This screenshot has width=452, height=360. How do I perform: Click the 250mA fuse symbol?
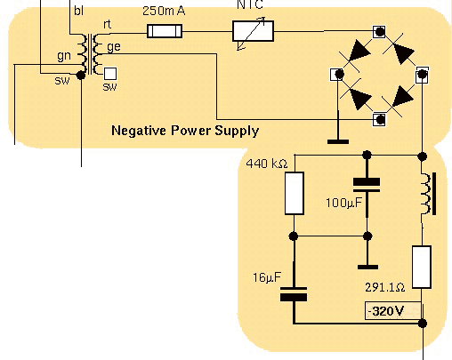pyautogui.click(x=165, y=31)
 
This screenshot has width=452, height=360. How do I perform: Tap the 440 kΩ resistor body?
pyautogui.click(x=295, y=193)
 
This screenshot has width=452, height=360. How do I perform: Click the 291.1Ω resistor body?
pyautogui.click(x=422, y=267)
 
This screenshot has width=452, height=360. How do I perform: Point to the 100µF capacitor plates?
pyautogui.click(x=367, y=185)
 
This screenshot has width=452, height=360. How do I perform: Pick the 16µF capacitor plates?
pyautogui.click(x=294, y=294)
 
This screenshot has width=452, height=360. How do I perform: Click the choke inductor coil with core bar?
pyautogui.click(x=428, y=194)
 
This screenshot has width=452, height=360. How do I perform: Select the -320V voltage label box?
pyautogui.click(x=392, y=311)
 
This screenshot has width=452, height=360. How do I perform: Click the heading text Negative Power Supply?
pyautogui.click(x=185, y=131)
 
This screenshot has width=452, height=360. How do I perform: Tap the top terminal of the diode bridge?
pyautogui.click(x=379, y=31)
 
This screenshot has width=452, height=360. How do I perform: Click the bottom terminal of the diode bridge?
pyautogui.click(x=379, y=120)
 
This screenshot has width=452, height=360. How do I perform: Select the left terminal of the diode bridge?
pyautogui.click(x=337, y=74)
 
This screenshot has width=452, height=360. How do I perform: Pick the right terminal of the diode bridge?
pyautogui.click(x=422, y=75)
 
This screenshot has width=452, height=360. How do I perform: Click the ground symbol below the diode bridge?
pyautogui.click(x=338, y=142)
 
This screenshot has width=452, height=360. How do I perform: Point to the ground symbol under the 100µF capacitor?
pyautogui.click(x=367, y=268)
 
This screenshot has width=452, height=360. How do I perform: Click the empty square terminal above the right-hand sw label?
pyautogui.click(x=110, y=74)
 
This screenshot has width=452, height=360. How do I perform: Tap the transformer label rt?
pyautogui.click(x=107, y=24)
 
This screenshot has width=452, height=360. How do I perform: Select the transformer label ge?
pyautogui.click(x=114, y=47)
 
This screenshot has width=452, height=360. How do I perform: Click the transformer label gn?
pyautogui.click(x=64, y=56)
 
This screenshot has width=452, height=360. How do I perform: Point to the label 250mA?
pyautogui.click(x=164, y=11)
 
